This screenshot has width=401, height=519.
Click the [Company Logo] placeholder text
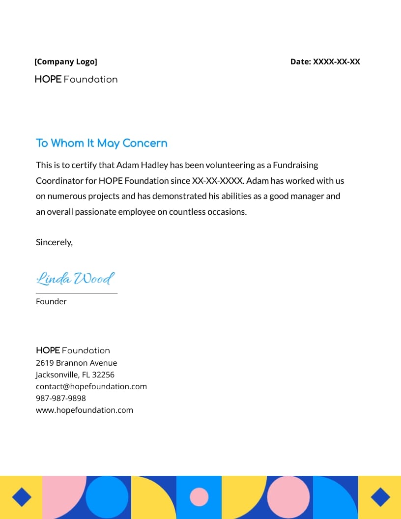pos(66,62)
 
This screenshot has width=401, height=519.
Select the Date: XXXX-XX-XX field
pos(325,62)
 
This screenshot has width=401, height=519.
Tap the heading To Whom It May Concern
pos(102,143)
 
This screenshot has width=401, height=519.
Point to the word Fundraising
pos(295,165)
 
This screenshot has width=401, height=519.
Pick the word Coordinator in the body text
pos(59,180)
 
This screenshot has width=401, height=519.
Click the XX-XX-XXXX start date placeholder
pos(218,180)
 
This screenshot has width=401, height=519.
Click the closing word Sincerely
pos(54,242)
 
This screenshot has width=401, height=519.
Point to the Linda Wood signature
pos(75,279)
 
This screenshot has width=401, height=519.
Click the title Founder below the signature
pos(51,301)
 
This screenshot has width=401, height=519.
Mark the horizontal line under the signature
pos(77,293)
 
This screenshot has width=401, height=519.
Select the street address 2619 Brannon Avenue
pos(76,363)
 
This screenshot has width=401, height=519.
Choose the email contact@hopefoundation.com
pos(91,386)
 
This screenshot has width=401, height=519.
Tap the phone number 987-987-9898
pos(61,398)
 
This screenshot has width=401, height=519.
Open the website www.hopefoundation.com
pos(84,410)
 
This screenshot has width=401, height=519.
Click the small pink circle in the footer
pos(199,497)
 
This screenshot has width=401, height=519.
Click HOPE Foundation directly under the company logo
pos(76,79)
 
